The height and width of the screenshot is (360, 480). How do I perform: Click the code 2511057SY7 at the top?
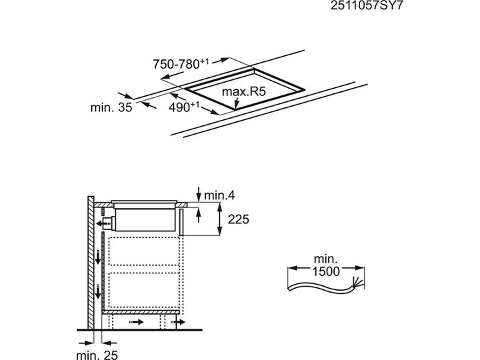pyautogui.click(x=367, y=5)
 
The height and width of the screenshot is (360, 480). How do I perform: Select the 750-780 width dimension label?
pyautogui.click(x=181, y=64)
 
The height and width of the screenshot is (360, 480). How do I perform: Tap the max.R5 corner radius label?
pyautogui.click(x=244, y=91)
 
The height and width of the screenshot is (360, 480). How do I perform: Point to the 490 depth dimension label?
pyautogui.click(x=184, y=107)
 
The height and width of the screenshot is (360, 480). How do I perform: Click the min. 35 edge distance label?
pyautogui.click(x=111, y=107)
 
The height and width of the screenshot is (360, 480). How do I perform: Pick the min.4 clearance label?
pyautogui.click(x=219, y=195)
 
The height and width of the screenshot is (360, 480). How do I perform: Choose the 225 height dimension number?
pyautogui.click(x=238, y=219)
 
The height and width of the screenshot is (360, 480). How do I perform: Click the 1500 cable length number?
pyautogui.click(x=326, y=271)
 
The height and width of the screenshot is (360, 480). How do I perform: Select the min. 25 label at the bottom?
pyautogui.click(x=97, y=355)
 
